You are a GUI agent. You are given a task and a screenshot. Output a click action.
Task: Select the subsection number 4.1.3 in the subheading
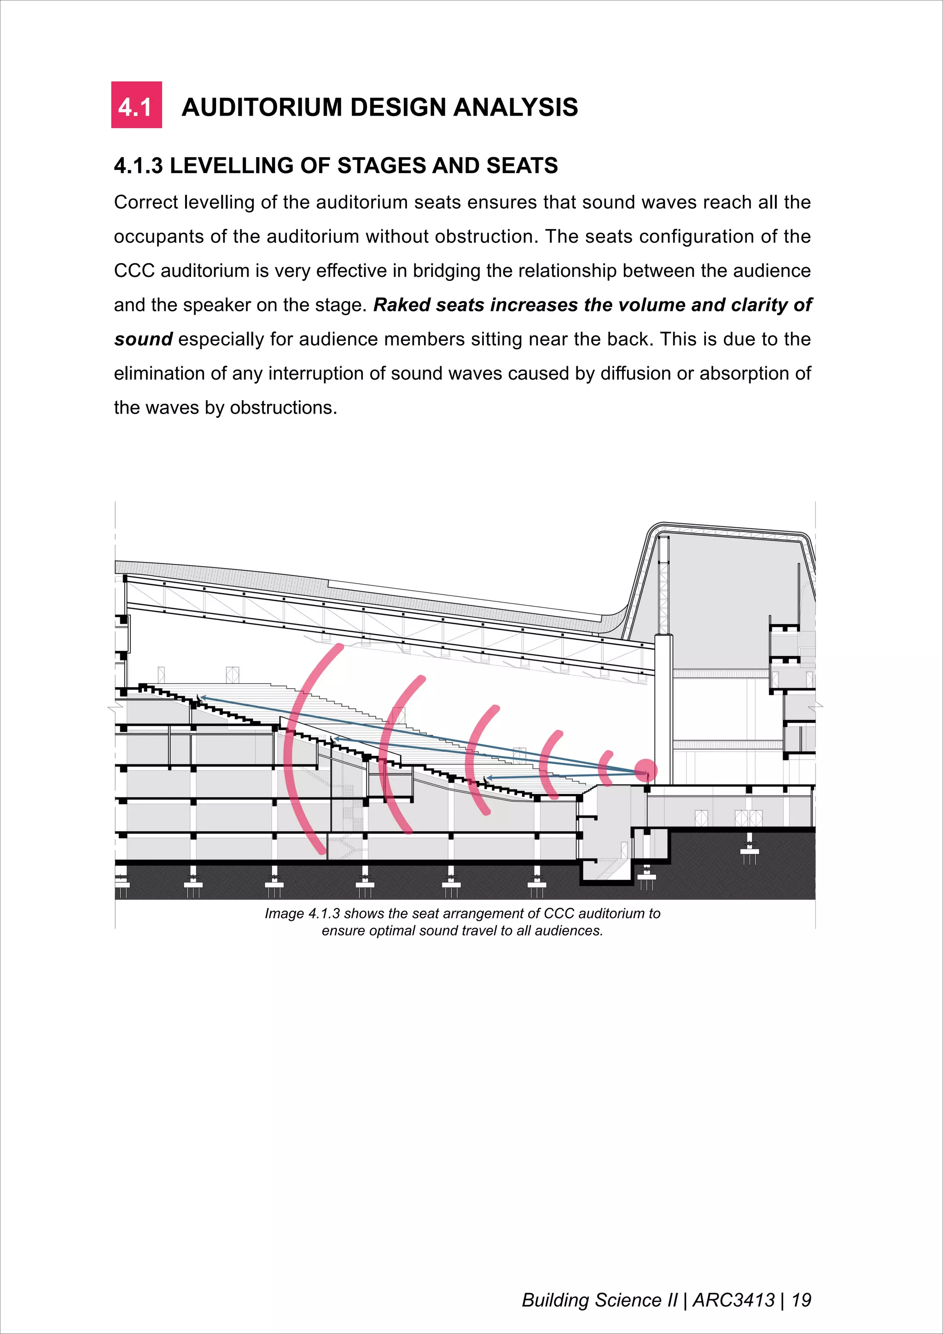pos(138,166)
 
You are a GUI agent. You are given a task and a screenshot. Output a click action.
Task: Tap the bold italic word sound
pos(143,339)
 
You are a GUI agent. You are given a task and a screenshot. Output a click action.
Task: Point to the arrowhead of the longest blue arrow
pos(202,698)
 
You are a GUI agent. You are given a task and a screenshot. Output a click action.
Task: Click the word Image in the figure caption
pos(284,914)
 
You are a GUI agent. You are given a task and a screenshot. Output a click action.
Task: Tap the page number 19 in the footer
pos(801,1300)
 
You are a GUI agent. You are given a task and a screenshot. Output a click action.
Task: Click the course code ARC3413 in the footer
pos(734,1300)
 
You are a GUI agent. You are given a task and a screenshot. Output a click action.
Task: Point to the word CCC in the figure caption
pos(559,914)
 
